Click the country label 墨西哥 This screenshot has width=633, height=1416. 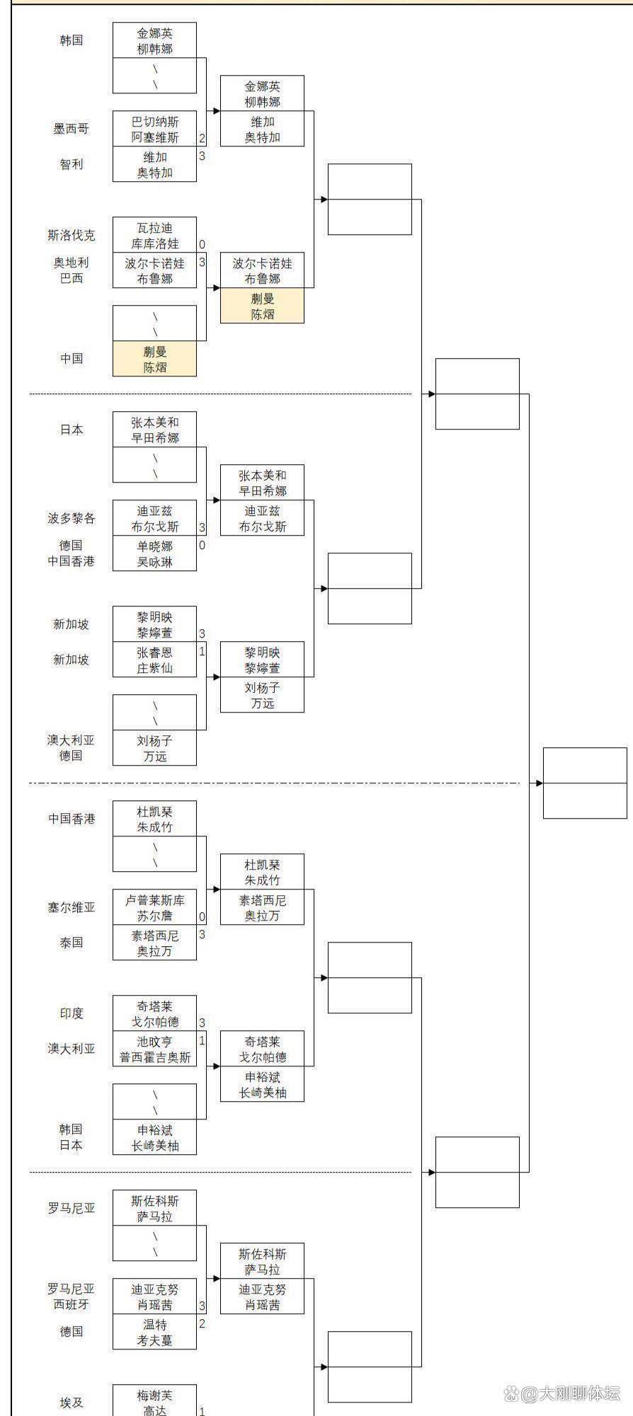point(71,129)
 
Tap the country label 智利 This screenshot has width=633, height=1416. point(71,164)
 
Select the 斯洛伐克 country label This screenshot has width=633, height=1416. point(71,235)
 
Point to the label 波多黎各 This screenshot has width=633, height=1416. point(71,518)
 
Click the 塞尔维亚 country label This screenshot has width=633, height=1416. point(71,907)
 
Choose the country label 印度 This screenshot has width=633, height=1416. point(71,1013)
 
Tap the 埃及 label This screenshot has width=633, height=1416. point(71,1403)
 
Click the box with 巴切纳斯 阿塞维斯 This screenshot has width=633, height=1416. point(154,129)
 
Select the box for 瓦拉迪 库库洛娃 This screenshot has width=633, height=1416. point(154,235)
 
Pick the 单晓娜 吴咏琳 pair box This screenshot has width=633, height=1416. point(154,553)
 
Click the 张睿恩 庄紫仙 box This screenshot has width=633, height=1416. point(154,660)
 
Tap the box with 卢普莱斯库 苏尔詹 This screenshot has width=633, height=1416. point(154,907)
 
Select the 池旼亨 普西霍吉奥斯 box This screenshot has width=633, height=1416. point(154,1049)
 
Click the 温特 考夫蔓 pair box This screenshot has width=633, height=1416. point(154,1332)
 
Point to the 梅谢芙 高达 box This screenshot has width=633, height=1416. point(154,1401)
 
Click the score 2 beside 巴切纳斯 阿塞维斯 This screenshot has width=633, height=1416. point(202,139)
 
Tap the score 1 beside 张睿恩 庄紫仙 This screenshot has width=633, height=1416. point(202,651)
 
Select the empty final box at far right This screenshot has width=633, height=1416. point(585,783)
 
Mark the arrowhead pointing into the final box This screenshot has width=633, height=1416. point(540,783)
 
